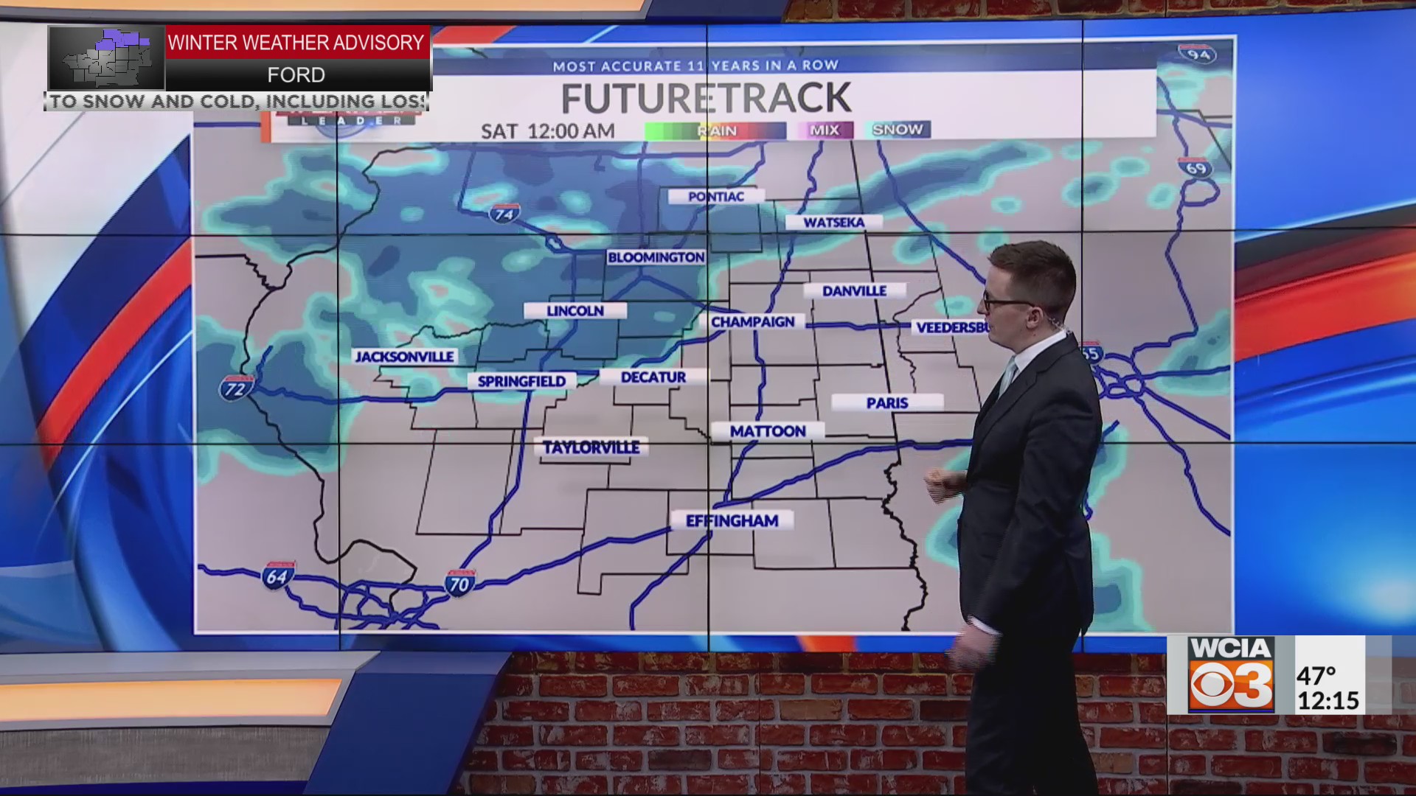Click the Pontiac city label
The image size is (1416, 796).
click(x=715, y=197)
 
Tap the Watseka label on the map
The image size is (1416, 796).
click(x=833, y=223)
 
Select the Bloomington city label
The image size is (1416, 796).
click(x=656, y=257)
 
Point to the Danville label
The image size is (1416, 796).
click(x=854, y=291)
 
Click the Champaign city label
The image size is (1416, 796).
click(x=752, y=322)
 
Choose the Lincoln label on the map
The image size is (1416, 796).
click(x=575, y=311)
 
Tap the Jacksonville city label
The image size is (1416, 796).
click(x=405, y=357)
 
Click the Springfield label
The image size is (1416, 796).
click(x=521, y=381)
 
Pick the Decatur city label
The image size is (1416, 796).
click(x=653, y=377)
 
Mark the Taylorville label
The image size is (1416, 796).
click(x=591, y=447)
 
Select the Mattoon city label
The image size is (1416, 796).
click(x=768, y=431)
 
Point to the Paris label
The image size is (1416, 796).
click(x=887, y=403)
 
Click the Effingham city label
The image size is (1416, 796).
click(x=732, y=521)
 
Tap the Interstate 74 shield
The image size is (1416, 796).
click(x=504, y=214)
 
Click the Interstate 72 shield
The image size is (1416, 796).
click(x=235, y=388)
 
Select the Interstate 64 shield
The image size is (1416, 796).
click(x=278, y=575)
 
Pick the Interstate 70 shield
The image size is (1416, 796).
click(x=459, y=584)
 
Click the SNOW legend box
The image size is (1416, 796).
click(x=898, y=130)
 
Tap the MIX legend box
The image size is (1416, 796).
click(x=824, y=130)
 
